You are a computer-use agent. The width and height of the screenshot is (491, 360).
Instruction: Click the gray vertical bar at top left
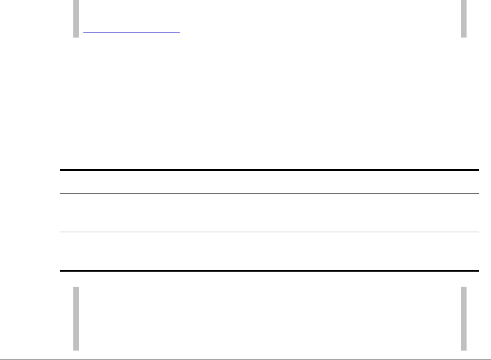coord(76,19)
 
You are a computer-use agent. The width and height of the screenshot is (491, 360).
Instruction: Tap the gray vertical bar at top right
coord(464,19)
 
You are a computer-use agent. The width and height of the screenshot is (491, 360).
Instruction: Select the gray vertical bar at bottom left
coord(76,318)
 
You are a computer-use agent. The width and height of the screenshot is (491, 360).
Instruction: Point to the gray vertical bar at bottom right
coord(464,318)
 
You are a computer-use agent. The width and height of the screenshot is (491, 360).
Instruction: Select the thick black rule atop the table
coord(269,170)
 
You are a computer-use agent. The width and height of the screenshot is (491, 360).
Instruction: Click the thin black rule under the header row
coord(269,194)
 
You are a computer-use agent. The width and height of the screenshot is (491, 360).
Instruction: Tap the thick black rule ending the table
coord(269,270)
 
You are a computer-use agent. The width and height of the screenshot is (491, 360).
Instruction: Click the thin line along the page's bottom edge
coord(246,359)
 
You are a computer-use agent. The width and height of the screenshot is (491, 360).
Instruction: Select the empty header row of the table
coord(269,182)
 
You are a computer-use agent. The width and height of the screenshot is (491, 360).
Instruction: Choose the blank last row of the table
coord(269,252)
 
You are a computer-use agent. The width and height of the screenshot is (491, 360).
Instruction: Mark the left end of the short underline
coord(85,31)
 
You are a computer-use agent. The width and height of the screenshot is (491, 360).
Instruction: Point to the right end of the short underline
coord(179,31)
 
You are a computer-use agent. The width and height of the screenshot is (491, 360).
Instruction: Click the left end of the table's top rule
coord(61,170)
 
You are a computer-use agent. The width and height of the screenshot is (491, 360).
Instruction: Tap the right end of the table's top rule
coord(478,170)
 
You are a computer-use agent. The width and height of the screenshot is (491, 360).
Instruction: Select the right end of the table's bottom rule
coord(478,270)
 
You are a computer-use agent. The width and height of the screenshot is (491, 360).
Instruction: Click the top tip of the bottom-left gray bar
coord(76,288)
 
